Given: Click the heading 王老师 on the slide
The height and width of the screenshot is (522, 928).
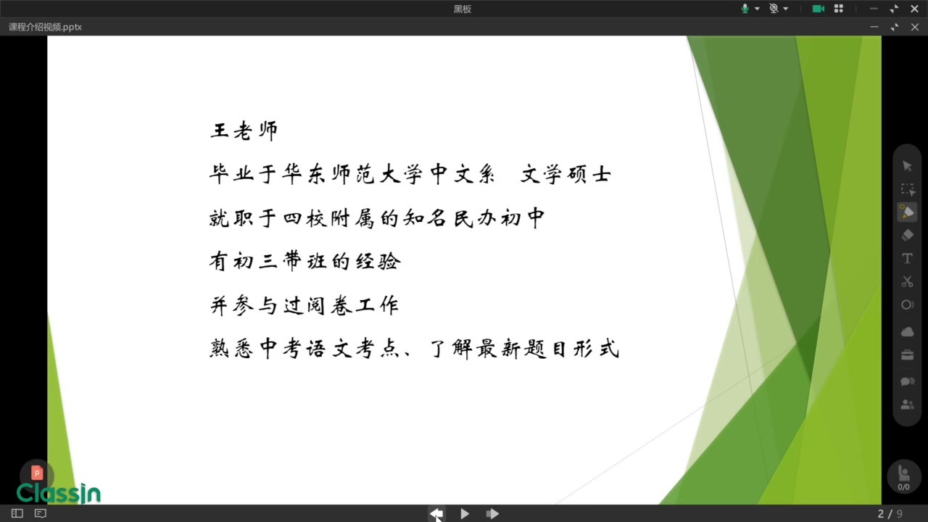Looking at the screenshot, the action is click(x=244, y=131).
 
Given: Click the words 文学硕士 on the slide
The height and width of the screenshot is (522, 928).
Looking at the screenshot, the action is click(x=566, y=174).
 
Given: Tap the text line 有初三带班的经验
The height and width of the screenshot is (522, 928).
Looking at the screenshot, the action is click(x=305, y=262).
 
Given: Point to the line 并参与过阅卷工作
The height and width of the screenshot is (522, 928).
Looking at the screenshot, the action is click(x=304, y=306).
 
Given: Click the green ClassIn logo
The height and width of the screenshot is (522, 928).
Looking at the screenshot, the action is click(x=59, y=493).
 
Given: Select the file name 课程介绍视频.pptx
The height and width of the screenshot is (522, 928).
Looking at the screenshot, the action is click(x=45, y=27).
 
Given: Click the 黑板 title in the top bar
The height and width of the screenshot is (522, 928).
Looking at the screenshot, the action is click(x=463, y=9).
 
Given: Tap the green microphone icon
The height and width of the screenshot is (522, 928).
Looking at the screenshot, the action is click(x=745, y=9).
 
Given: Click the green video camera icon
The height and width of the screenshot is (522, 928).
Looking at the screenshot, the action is click(x=819, y=9).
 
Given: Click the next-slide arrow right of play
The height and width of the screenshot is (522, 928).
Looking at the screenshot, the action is click(x=492, y=514).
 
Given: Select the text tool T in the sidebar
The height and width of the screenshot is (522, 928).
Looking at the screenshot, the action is click(x=907, y=259).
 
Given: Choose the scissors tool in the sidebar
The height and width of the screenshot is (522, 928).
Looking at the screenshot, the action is click(x=907, y=282).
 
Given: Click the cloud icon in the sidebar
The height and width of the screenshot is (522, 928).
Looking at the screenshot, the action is click(x=907, y=332).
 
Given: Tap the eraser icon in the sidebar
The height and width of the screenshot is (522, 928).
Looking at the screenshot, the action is click(x=907, y=236).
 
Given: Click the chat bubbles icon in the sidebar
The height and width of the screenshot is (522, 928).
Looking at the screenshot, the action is click(x=907, y=381).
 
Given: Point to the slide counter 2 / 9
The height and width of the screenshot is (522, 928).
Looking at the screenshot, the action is click(x=890, y=514).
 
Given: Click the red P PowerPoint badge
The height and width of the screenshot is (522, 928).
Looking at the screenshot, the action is click(x=37, y=473).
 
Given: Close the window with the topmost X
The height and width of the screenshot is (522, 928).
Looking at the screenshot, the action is click(x=914, y=9).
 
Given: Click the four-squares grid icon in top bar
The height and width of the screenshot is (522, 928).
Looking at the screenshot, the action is click(x=839, y=9).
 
